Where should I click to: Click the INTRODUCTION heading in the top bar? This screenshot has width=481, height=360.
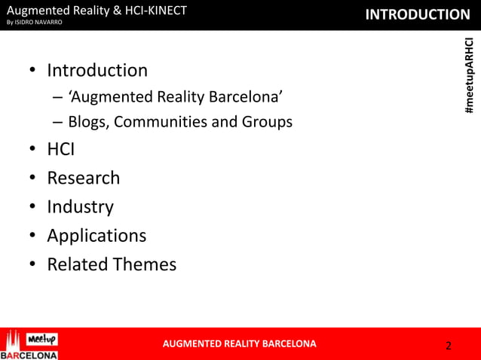click(x=417, y=14)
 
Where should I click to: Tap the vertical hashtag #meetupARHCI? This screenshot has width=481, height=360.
click(x=469, y=76)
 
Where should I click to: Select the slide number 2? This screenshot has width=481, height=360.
click(x=449, y=346)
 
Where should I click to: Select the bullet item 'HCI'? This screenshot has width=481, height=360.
click(x=60, y=149)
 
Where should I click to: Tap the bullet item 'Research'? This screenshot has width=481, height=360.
click(x=83, y=178)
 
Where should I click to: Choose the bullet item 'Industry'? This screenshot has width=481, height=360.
click(x=80, y=206)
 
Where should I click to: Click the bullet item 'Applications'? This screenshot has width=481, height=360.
click(x=97, y=235)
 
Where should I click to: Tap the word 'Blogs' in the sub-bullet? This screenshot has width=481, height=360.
click(x=87, y=121)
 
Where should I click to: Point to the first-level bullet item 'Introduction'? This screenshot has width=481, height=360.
click(x=97, y=71)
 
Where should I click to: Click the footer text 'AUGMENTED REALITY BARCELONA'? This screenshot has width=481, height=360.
click(x=240, y=344)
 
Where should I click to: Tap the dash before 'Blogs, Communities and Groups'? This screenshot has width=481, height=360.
click(x=58, y=121)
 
